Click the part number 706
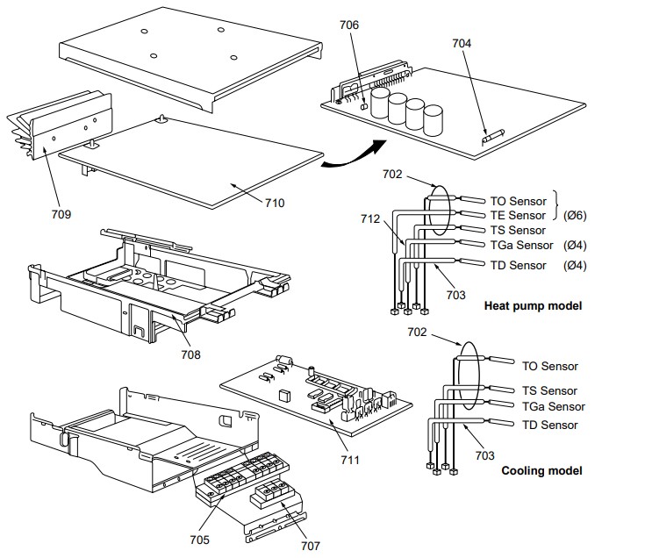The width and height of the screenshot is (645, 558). pyautogui.click(x=348, y=25)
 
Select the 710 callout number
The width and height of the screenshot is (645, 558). pyautogui.click(x=274, y=203)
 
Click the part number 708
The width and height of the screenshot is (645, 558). pyautogui.click(x=190, y=354)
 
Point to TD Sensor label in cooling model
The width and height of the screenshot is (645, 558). pyautogui.click(x=550, y=425)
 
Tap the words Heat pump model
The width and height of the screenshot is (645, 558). pyautogui.click(x=533, y=306)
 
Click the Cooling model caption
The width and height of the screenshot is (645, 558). pyautogui.click(x=541, y=471)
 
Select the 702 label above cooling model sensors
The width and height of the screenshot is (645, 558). pyautogui.click(x=418, y=333)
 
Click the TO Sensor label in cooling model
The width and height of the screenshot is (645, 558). pyautogui.click(x=550, y=366)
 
